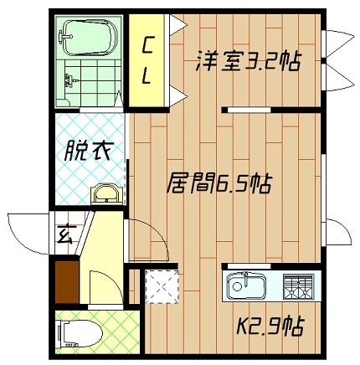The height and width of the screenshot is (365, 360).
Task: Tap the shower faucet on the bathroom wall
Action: (x=70, y=83)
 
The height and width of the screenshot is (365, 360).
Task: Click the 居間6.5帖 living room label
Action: (x=219, y=182)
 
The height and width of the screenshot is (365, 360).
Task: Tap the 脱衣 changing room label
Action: (x=88, y=153)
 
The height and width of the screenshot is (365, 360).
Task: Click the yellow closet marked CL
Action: (x=147, y=59)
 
